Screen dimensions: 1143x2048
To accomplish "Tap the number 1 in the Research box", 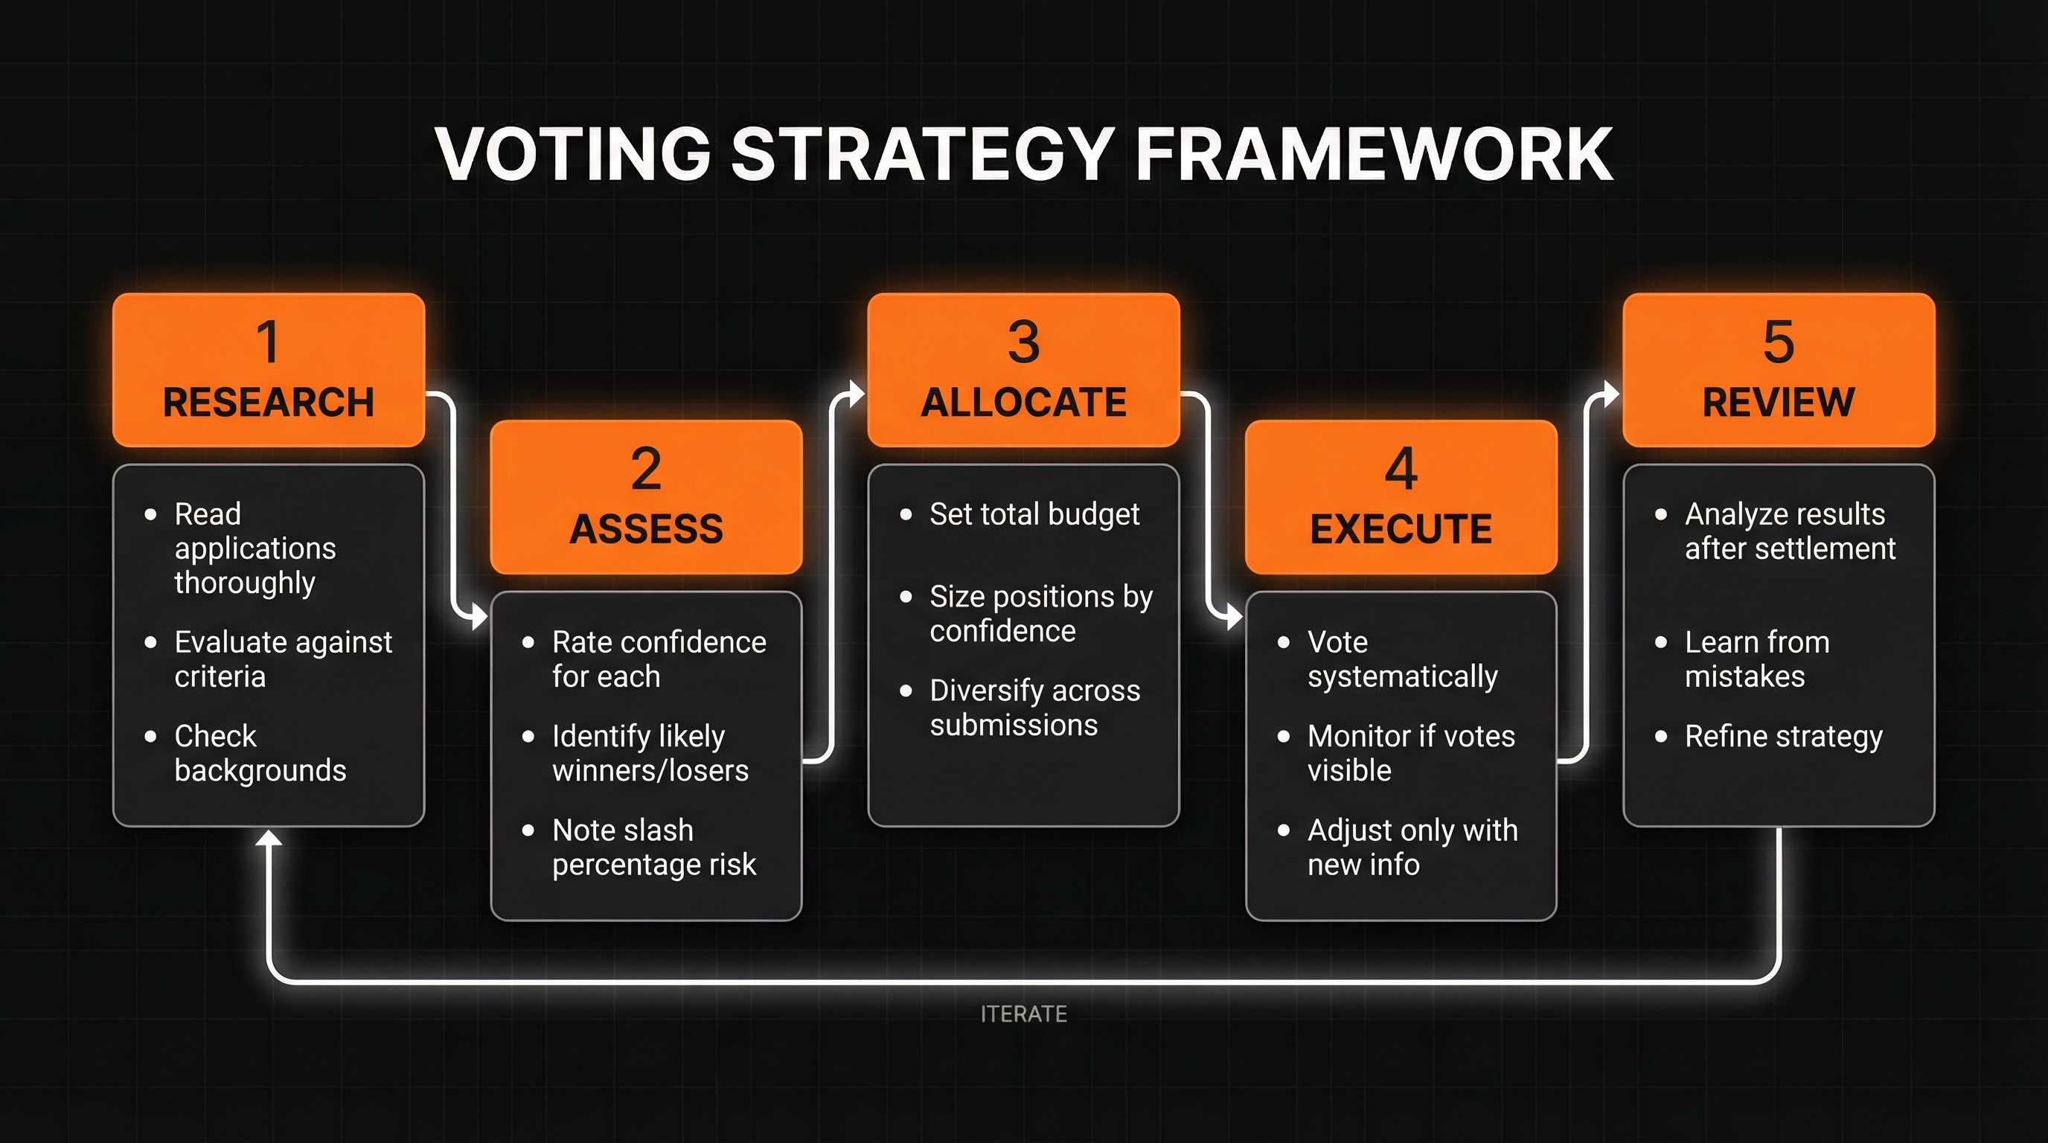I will pos(268,342).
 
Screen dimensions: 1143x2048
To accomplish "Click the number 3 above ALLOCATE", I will pos(1023,342).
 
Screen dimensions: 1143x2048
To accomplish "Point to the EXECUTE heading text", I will pos(1401,529).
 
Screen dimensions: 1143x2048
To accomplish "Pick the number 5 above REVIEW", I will pos(1779,342).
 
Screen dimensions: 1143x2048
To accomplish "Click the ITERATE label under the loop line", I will pos(1023,1014).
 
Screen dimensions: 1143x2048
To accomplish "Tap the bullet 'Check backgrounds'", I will pos(260,753).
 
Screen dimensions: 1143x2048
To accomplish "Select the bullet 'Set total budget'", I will pos(1034,514).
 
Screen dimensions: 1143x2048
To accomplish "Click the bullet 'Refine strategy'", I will pos(1783,737).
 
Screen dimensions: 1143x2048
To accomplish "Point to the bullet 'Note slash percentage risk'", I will pos(653,848).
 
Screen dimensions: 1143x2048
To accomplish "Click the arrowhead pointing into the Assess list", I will pos(479,616).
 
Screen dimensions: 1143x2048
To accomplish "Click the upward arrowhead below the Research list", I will pos(269,837).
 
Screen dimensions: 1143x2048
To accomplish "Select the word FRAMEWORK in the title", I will pos(1373,154).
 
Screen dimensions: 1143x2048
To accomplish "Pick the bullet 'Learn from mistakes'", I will pos(1757,659).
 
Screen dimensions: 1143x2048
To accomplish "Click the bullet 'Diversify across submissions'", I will pos(1034,708).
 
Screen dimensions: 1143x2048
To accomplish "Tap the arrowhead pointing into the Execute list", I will pos(1234,616).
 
